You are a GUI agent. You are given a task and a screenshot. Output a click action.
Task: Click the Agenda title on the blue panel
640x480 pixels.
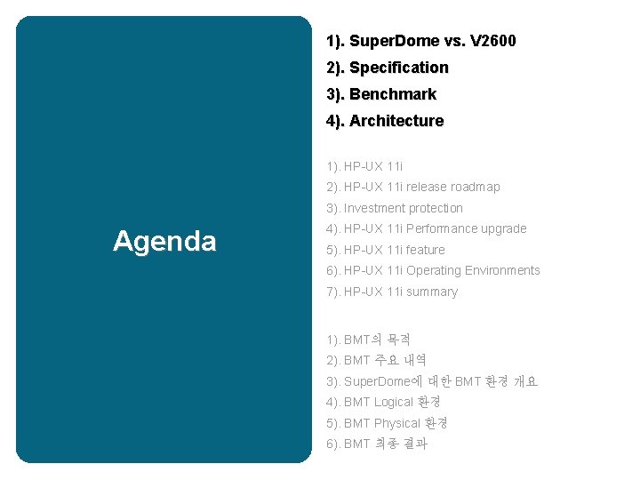click(164, 241)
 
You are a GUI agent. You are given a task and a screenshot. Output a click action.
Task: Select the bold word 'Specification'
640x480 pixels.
click(399, 68)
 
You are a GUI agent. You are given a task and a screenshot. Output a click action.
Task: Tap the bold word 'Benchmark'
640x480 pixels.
click(393, 94)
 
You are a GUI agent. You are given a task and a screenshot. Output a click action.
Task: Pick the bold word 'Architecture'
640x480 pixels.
click(396, 121)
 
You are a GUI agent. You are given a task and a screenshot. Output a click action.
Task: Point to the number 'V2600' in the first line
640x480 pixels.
click(493, 41)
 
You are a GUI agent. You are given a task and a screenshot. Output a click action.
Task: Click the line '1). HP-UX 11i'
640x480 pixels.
click(364, 166)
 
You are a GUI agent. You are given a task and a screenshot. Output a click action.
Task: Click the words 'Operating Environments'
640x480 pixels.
click(473, 270)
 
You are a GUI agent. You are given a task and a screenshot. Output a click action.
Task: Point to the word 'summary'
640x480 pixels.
click(432, 292)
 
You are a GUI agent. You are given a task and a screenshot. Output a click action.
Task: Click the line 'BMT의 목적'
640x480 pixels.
click(376, 340)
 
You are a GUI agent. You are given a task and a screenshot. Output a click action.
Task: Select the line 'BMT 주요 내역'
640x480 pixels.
click(385, 360)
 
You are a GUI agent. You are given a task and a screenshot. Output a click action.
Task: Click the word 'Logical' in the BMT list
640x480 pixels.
click(394, 402)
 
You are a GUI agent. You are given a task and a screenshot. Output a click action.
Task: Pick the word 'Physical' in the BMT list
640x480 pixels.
click(396, 423)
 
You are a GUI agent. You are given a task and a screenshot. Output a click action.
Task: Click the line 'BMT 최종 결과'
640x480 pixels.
click(385, 444)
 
